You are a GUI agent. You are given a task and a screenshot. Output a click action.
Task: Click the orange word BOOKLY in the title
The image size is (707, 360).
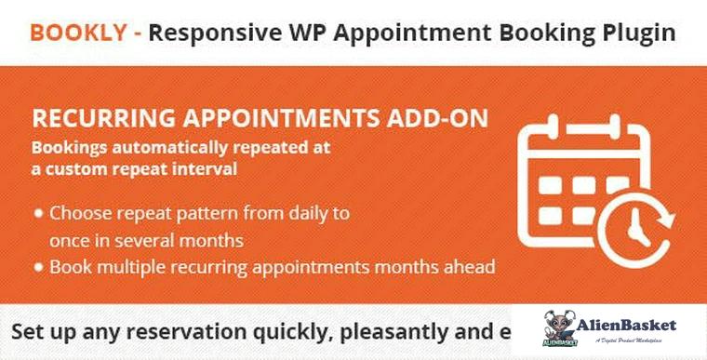pyautogui.click(x=79, y=33)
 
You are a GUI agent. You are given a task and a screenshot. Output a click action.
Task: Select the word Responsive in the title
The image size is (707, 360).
pyautogui.click(x=212, y=33)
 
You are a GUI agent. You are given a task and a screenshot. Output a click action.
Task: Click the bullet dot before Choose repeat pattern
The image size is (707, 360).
pyautogui.click(x=39, y=213)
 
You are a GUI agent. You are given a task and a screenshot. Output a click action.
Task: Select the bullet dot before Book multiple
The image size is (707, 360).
pyautogui.click(x=39, y=267)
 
